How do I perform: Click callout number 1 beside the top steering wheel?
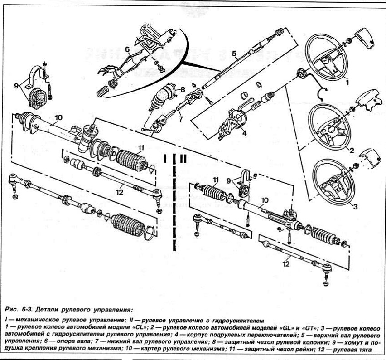point(346,83)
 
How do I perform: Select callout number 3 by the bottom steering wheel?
point(355,208)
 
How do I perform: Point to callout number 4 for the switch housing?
point(244,133)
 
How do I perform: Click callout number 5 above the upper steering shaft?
point(234,54)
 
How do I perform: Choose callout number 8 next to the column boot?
point(183,90)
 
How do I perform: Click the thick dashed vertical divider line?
point(174,204)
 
